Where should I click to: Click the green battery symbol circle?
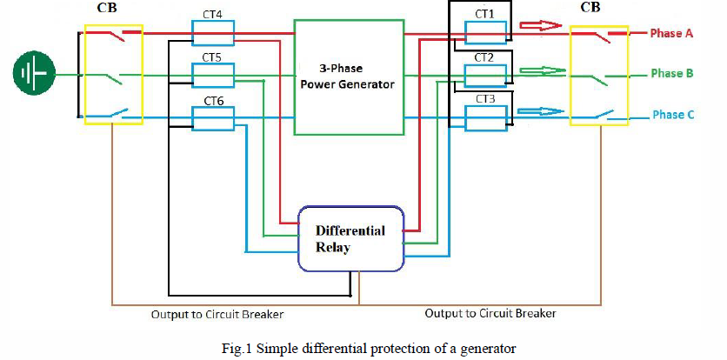coord(34,73)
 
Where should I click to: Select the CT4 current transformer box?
coord(213,33)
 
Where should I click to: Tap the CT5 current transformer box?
coord(213,76)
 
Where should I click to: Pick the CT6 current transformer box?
coord(213,119)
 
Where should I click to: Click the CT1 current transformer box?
coord(485,32)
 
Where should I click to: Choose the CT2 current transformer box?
coord(485,75)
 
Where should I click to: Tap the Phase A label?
coord(672,33)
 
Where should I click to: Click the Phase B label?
coord(672,74)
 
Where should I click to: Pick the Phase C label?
coord(672,115)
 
